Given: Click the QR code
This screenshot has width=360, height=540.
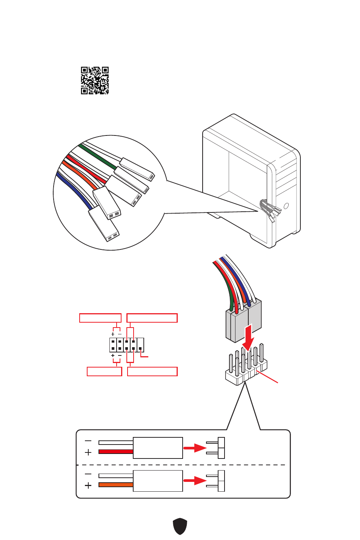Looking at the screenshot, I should click(x=95, y=80).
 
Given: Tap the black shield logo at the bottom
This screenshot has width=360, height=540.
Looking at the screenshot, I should click(x=180, y=526).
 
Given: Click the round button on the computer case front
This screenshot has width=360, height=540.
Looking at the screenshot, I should click(x=286, y=206).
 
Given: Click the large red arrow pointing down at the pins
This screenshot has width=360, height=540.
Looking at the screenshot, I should click(x=248, y=337).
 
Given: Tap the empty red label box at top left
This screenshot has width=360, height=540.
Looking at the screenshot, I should click(x=100, y=318).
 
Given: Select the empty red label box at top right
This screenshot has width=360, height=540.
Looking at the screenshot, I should click(x=152, y=318).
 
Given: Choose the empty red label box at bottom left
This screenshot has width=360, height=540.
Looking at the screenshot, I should click(x=104, y=371).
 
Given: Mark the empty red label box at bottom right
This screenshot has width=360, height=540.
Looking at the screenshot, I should click(x=152, y=371).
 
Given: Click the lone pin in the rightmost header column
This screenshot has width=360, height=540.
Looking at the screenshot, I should click(x=140, y=348).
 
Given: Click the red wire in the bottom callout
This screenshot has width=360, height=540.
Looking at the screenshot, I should click(x=115, y=451).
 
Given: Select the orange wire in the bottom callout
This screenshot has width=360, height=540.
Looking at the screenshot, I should click(x=115, y=485).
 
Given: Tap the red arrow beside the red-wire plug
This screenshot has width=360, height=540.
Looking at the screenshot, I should click(x=195, y=448).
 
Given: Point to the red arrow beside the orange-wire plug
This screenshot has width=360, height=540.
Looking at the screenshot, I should click(x=195, y=481).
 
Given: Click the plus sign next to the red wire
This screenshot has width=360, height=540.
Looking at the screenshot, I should click(x=88, y=452).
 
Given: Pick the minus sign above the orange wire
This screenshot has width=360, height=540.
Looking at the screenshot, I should click(x=88, y=474).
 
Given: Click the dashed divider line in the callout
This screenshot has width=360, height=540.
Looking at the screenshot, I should click(x=181, y=465).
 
